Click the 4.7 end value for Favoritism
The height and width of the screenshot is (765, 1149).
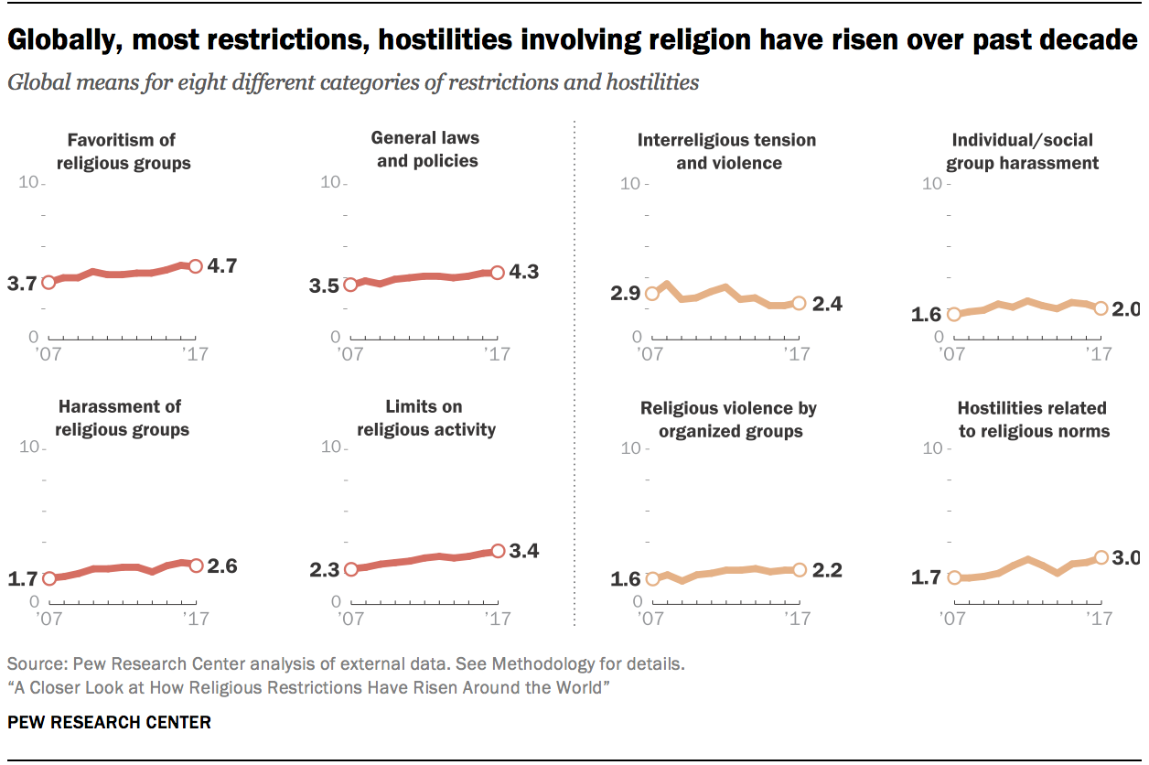pos(222,266)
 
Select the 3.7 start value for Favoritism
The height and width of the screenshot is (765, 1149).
pos(21,284)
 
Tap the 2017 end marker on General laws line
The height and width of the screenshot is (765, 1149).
pos(497,273)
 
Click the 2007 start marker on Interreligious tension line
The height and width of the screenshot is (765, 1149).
pos(652,294)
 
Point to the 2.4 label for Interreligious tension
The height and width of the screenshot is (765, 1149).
pos(827,304)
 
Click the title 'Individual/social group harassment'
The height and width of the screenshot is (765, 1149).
pos(1022,152)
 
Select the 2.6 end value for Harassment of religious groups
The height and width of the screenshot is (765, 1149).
pos(222,566)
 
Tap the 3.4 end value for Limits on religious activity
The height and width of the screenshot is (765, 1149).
pos(524,551)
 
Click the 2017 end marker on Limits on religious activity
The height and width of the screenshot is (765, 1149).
pos(497,551)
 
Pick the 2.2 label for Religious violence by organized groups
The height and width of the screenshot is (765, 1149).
pos(827,570)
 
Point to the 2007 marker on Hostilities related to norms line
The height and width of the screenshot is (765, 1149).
pos(954,577)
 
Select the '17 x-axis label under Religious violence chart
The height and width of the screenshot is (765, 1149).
pos(798,620)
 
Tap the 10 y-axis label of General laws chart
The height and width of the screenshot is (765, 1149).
pos(328,183)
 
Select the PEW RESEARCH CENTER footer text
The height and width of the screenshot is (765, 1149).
pos(109,722)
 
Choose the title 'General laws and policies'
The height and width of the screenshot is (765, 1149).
pos(424,149)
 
